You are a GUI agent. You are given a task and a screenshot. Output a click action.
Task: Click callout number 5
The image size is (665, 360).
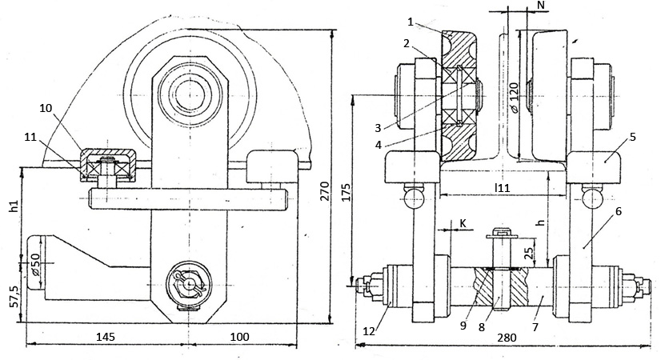pyautogui.click(x=632, y=137)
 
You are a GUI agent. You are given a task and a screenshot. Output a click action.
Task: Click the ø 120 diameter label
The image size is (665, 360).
pyautogui.click(x=514, y=97)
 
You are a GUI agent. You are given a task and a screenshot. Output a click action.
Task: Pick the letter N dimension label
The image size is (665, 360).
pyautogui.click(x=540, y=6)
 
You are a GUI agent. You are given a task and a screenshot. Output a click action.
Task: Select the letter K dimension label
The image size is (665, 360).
pyautogui.click(x=463, y=225)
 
